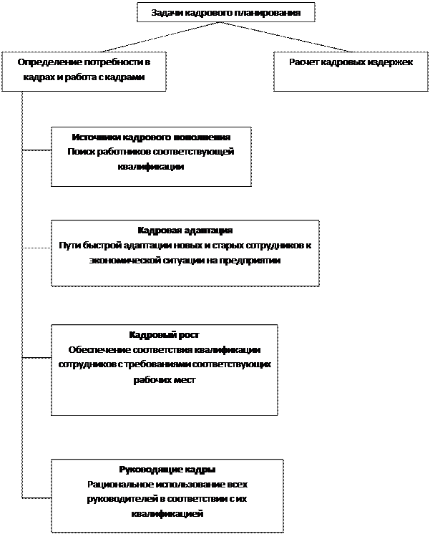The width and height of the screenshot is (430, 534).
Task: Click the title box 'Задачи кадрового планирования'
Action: coord(225,13)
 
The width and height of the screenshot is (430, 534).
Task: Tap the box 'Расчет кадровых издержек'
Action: coord(351,72)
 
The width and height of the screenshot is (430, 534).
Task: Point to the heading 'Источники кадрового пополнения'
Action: coord(151,137)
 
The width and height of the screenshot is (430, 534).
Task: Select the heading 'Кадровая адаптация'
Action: coord(185,230)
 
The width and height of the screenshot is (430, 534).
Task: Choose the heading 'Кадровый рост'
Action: coord(164,335)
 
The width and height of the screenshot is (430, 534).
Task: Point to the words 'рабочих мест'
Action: coord(164,380)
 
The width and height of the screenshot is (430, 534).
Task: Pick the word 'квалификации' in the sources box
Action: coord(151,167)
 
